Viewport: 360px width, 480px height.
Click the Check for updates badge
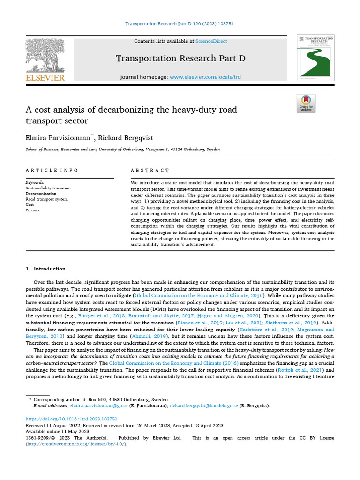(306, 103)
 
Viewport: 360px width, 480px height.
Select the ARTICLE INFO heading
(52, 170)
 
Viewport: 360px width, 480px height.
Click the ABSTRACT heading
(150, 170)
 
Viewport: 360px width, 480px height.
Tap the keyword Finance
(33, 210)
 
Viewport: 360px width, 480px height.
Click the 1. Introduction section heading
(45, 269)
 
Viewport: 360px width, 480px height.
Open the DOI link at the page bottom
(71, 419)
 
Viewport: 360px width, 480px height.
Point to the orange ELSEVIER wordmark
(45, 78)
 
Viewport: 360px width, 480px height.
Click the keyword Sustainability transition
(48, 188)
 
